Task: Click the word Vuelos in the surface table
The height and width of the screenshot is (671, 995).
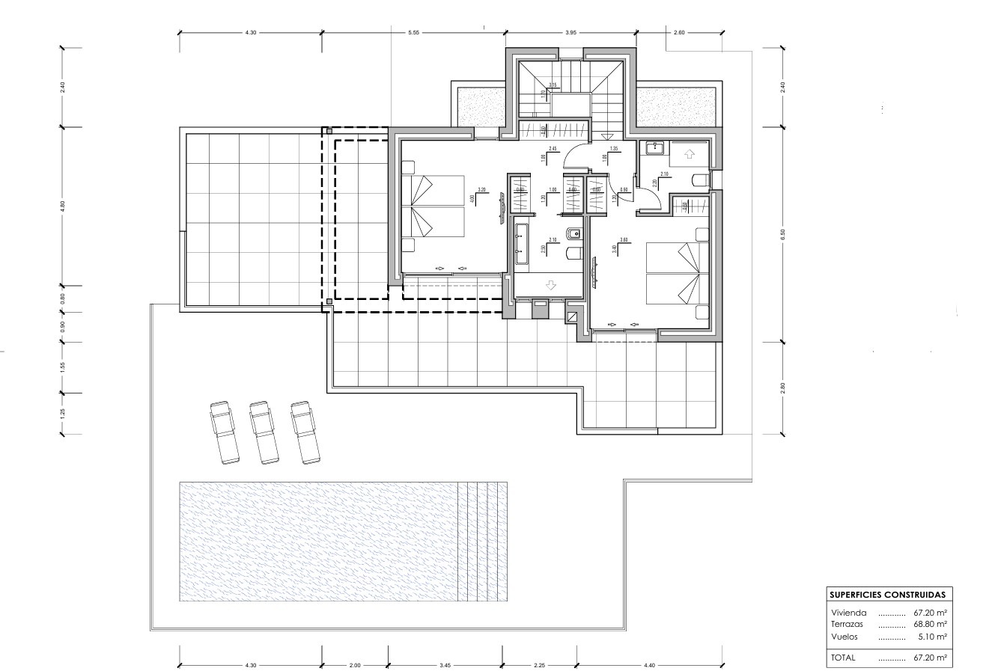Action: (845, 637)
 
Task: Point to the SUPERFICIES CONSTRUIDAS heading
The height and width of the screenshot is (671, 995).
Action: (886, 594)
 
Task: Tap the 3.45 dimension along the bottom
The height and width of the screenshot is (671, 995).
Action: (445, 665)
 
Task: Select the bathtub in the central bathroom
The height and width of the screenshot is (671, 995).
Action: (522, 246)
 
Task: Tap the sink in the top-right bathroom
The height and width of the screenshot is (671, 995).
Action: (652, 147)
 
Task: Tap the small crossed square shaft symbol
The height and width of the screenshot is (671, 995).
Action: (573, 316)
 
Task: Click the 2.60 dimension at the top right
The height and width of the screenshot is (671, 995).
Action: (679, 33)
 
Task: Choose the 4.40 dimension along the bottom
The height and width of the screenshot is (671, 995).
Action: (649, 665)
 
